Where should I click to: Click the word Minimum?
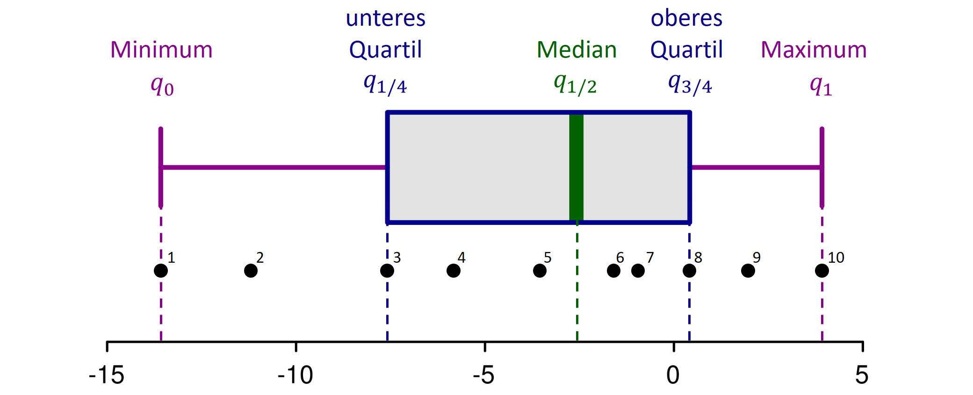161,50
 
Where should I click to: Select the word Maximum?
814,50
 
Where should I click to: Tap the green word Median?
577,50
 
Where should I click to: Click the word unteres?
385,19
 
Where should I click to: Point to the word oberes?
686,19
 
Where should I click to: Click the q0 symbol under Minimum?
162,86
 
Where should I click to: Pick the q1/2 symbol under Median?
575,84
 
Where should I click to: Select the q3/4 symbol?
690,84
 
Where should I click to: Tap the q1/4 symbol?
385,84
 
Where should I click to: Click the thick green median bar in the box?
576,167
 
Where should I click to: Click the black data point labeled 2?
251,271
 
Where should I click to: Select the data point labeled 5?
540,271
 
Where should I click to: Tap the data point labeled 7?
638,271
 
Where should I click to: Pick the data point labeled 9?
748,271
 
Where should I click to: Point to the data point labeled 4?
453,271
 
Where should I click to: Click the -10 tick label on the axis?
295,375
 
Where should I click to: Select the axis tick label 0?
673,375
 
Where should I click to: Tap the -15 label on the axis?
107,375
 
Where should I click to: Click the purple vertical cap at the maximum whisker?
822,167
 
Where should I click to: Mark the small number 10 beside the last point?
836,258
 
